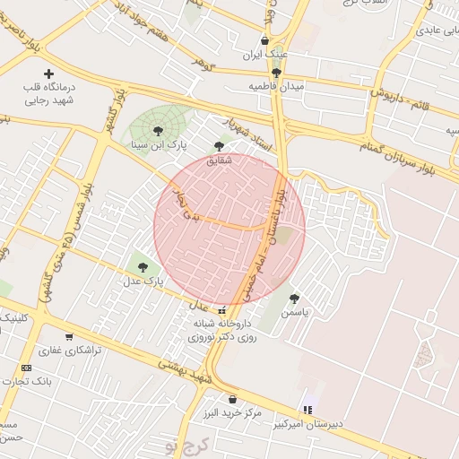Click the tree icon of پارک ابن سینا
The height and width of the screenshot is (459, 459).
(x=159, y=131)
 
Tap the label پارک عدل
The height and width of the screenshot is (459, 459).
(x=144, y=281)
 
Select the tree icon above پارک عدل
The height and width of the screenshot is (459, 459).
(x=143, y=266)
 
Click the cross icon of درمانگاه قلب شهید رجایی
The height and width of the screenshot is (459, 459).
(x=48, y=74)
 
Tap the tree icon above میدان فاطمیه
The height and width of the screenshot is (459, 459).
(x=276, y=72)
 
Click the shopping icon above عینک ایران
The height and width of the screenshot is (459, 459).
(x=264, y=40)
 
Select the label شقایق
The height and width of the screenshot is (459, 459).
(x=220, y=160)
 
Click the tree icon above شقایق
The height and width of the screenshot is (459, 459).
(x=220, y=146)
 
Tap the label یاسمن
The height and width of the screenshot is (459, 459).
(x=294, y=314)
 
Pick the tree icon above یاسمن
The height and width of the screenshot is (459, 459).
(x=294, y=299)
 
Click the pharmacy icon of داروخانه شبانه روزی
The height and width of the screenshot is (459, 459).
(x=221, y=310)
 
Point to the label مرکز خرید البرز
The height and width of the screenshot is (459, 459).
(x=232, y=413)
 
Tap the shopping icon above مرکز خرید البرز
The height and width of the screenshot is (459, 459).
(x=232, y=399)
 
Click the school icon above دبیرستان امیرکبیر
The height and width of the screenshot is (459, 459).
(x=308, y=411)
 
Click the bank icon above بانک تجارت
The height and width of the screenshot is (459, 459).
(x=26, y=368)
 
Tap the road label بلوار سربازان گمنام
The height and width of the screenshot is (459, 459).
(x=395, y=153)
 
